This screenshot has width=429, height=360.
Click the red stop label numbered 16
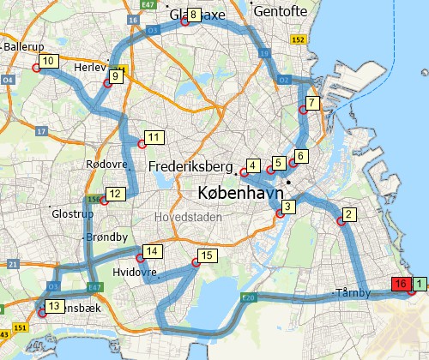[399, 284]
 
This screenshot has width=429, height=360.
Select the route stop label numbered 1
[418, 283]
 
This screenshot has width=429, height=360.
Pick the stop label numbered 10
[48, 61]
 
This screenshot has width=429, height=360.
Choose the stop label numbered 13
[53, 306]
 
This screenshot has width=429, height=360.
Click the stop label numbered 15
[205, 255]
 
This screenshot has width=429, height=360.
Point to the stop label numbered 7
[312, 103]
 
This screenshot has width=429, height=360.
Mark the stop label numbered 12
[113, 193]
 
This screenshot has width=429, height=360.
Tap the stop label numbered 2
[348, 214]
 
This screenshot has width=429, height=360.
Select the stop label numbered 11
[154, 137]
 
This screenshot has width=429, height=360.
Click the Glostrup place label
[69, 214]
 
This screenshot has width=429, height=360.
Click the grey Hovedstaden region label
[186, 218]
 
